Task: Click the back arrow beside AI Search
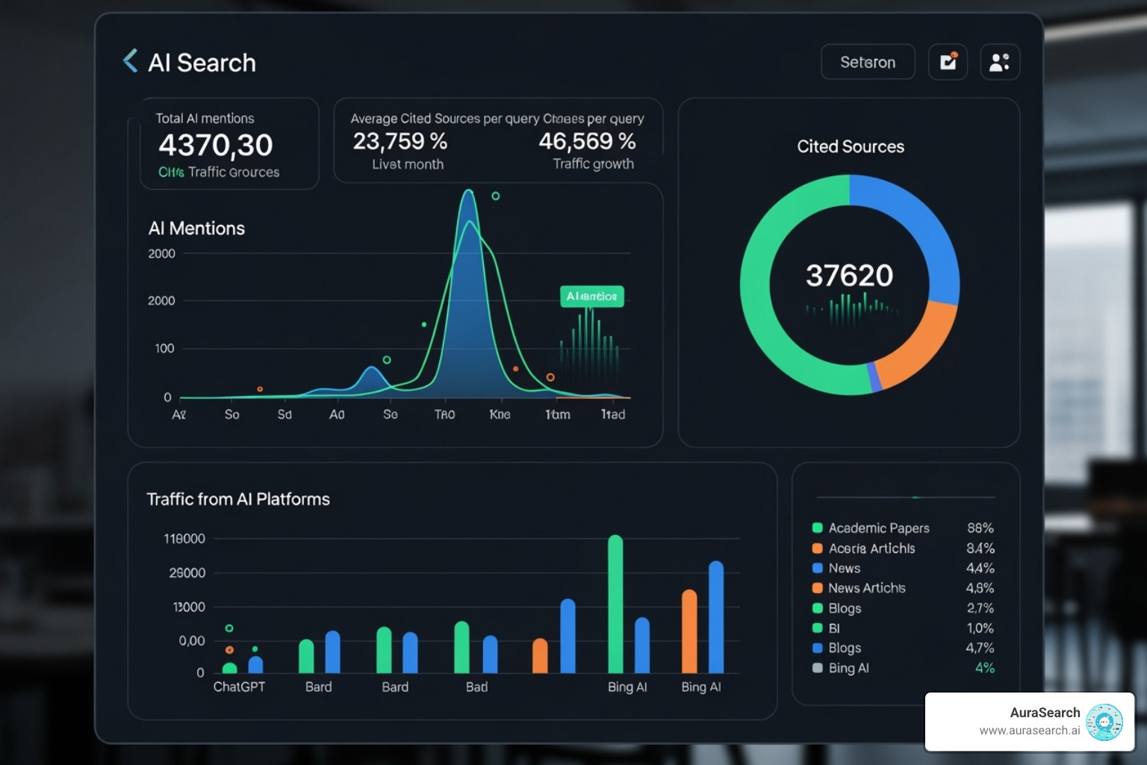[131, 61]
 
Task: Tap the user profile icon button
[999, 62]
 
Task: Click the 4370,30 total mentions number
[216, 145]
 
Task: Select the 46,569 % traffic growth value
[587, 141]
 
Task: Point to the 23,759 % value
[400, 141]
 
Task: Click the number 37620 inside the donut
[849, 276]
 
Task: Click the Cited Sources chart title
[850, 146]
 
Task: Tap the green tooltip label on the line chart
[591, 297]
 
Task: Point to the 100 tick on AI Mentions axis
[164, 348]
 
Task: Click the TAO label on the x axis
[444, 415]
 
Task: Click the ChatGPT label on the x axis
[239, 687]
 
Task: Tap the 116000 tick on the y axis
[184, 539]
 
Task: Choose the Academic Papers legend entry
[878, 528]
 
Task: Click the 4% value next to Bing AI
[984, 668]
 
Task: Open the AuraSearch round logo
[1104, 722]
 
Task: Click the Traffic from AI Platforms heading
[238, 499]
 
